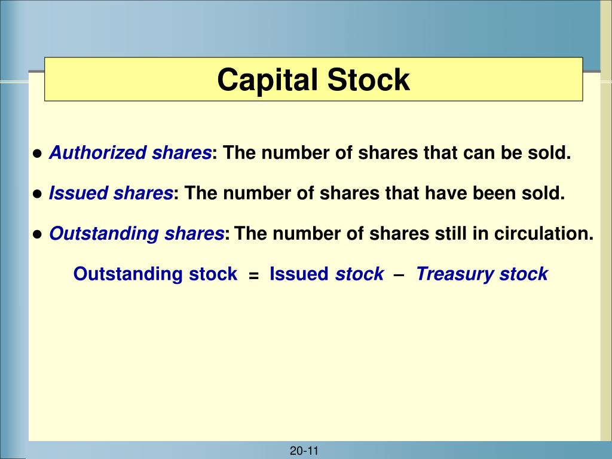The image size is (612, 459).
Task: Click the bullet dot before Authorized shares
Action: (37, 154)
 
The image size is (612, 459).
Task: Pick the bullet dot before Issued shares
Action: (37, 194)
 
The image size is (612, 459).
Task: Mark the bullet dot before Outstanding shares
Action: (37, 234)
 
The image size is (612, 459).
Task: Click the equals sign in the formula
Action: (254, 276)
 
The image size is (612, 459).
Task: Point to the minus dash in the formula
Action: (399, 274)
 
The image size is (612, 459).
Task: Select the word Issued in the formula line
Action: (299, 274)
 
